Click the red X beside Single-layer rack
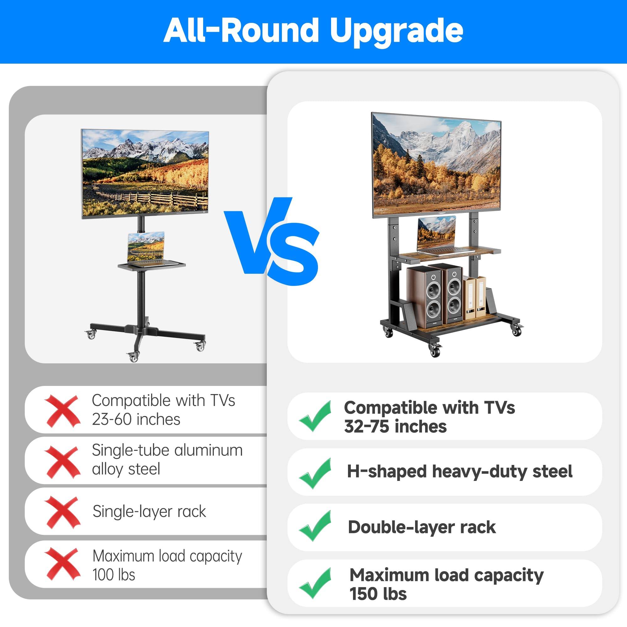62,512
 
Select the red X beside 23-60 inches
62,411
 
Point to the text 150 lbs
378,594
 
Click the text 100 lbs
113,575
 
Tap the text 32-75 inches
395,426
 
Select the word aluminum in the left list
209,450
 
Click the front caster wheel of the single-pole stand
133,356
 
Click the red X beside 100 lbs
62,564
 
